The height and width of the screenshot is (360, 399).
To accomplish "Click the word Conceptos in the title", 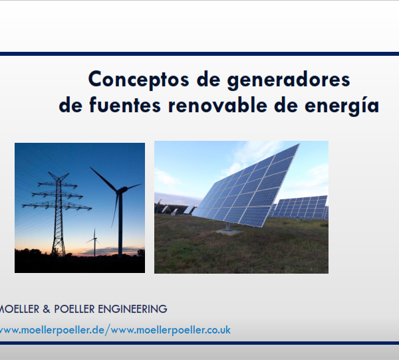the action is pyautogui.click(x=138, y=80).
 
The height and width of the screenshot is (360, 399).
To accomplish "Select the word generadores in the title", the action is pyautogui.click(x=289, y=80).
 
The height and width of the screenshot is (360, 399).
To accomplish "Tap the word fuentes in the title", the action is pyautogui.click(x=125, y=105).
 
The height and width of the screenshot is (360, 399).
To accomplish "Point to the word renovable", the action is pyautogui.click(x=217, y=105).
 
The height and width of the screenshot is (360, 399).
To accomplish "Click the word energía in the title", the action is pyautogui.click(x=342, y=105).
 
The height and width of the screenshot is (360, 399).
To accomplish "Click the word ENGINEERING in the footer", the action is pyautogui.click(x=132, y=309).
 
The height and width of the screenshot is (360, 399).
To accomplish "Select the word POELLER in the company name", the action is pyautogui.click(x=74, y=309).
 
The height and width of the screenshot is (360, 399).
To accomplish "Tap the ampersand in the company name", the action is pyautogui.click(x=47, y=309).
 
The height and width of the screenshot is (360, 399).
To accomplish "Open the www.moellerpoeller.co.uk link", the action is pyautogui.click(x=171, y=330).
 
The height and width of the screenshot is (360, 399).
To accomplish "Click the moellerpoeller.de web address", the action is pyautogui.click(x=52, y=330).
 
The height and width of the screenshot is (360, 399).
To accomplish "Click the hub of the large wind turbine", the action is pyautogui.click(x=119, y=191).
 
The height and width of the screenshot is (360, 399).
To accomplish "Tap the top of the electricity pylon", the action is pyautogui.click(x=59, y=175).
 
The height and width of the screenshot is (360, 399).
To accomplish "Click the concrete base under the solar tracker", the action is pyautogui.click(x=228, y=232).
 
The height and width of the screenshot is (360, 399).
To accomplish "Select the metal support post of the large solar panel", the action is pyautogui.click(x=228, y=226).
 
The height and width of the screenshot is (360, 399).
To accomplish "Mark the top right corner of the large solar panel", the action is pyautogui.click(x=299, y=143).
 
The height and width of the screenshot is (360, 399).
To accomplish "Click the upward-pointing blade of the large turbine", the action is pyautogui.click(x=104, y=178).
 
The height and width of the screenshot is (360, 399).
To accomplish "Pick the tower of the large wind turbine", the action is pyautogui.click(x=120, y=224).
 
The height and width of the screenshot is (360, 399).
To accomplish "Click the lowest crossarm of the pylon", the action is pyautogui.click(x=57, y=206).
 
